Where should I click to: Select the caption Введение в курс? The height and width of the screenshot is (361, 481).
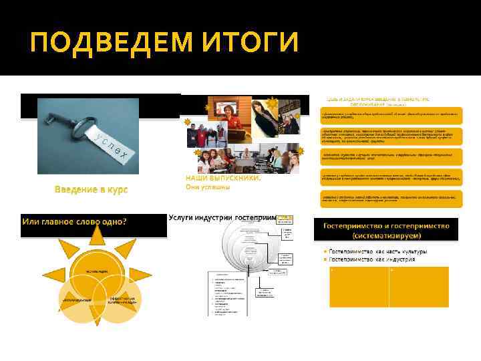point(91,190)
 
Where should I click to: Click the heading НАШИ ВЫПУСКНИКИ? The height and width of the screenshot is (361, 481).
point(223,178)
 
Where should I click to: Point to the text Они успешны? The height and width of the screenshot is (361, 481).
point(207,187)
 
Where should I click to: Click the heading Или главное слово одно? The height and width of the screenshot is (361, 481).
point(75,221)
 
